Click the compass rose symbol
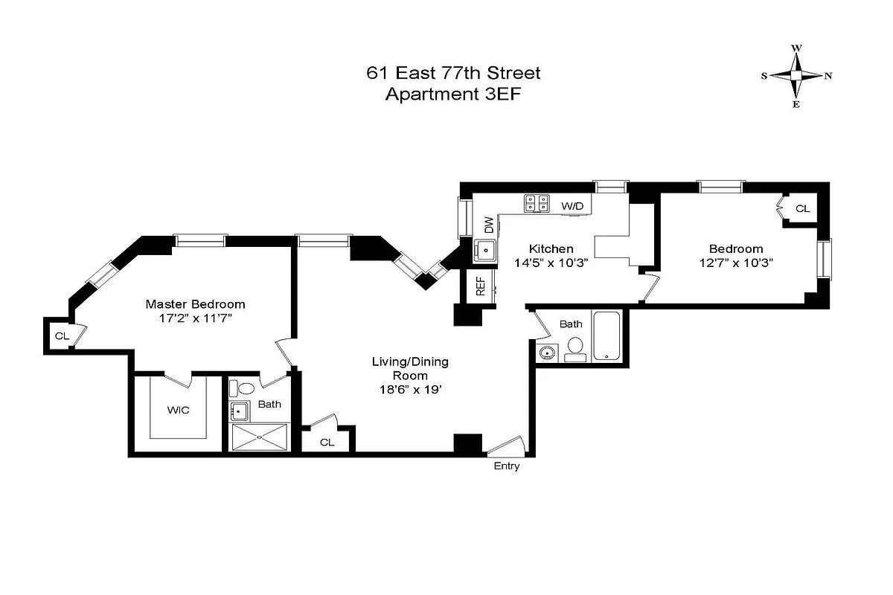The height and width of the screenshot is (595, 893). (x=796, y=75)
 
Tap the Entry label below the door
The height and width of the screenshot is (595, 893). (x=507, y=466)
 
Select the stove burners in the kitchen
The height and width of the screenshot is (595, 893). (x=537, y=203)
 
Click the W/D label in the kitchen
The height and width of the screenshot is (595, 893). (x=572, y=205)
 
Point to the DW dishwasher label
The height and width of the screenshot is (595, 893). (x=488, y=224)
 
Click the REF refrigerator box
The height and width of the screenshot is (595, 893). (x=481, y=286)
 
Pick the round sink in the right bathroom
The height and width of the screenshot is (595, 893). (x=548, y=352)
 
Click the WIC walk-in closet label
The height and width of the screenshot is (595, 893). (x=177, y=410)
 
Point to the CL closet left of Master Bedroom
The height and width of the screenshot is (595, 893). (x=62, y=336)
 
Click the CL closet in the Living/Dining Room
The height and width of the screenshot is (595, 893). (x=327, y=442)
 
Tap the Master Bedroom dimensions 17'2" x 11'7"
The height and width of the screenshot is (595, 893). (x=195, y=318)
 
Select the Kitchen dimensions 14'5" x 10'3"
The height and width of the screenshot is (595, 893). (x=551, y=263)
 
